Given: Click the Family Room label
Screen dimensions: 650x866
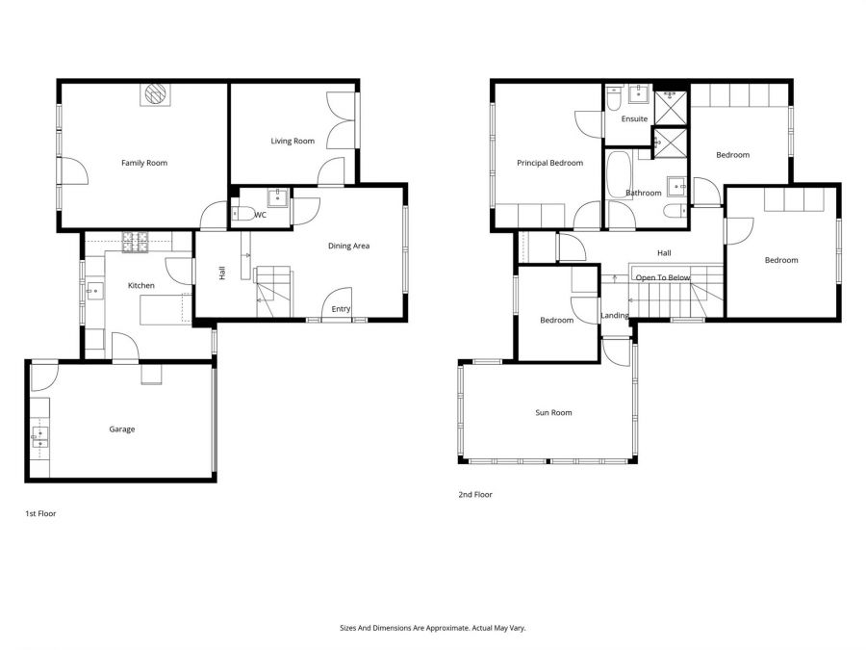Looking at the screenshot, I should [x=144, y=163].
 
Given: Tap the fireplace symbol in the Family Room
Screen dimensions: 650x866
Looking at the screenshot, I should [x=156, y=93].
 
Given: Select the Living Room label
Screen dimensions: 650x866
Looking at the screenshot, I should [x=293, y=142].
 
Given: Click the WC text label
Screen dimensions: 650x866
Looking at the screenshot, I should [x=260, y=215].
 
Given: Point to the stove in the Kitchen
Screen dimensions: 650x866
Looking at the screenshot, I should [x=137, y=243].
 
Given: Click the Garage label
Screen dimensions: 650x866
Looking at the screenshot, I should [x=121, y=429].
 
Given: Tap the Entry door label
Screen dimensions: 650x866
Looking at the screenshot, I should [x=341, y=309].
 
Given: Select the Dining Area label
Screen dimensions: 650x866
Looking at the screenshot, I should [x=348, y=247].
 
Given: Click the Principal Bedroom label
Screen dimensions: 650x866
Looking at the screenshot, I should [x=549, y=163].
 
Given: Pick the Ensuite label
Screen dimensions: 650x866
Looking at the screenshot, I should [x=634, y=119].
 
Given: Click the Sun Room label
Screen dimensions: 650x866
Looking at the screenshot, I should [x=553, y=413].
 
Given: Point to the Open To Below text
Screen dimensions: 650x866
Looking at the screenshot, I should [x=662, y=277].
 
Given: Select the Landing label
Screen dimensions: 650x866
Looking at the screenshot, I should [x=615, y=316].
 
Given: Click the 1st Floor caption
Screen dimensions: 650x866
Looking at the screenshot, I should [x=40, y=514].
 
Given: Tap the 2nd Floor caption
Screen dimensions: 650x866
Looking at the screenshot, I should [x=475, y=495].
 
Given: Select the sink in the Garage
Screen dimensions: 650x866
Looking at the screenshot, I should [x=39, y=438].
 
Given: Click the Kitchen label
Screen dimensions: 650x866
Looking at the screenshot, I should [x=141, y=286].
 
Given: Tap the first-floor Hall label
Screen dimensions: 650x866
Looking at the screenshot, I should [x=222, y=273].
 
